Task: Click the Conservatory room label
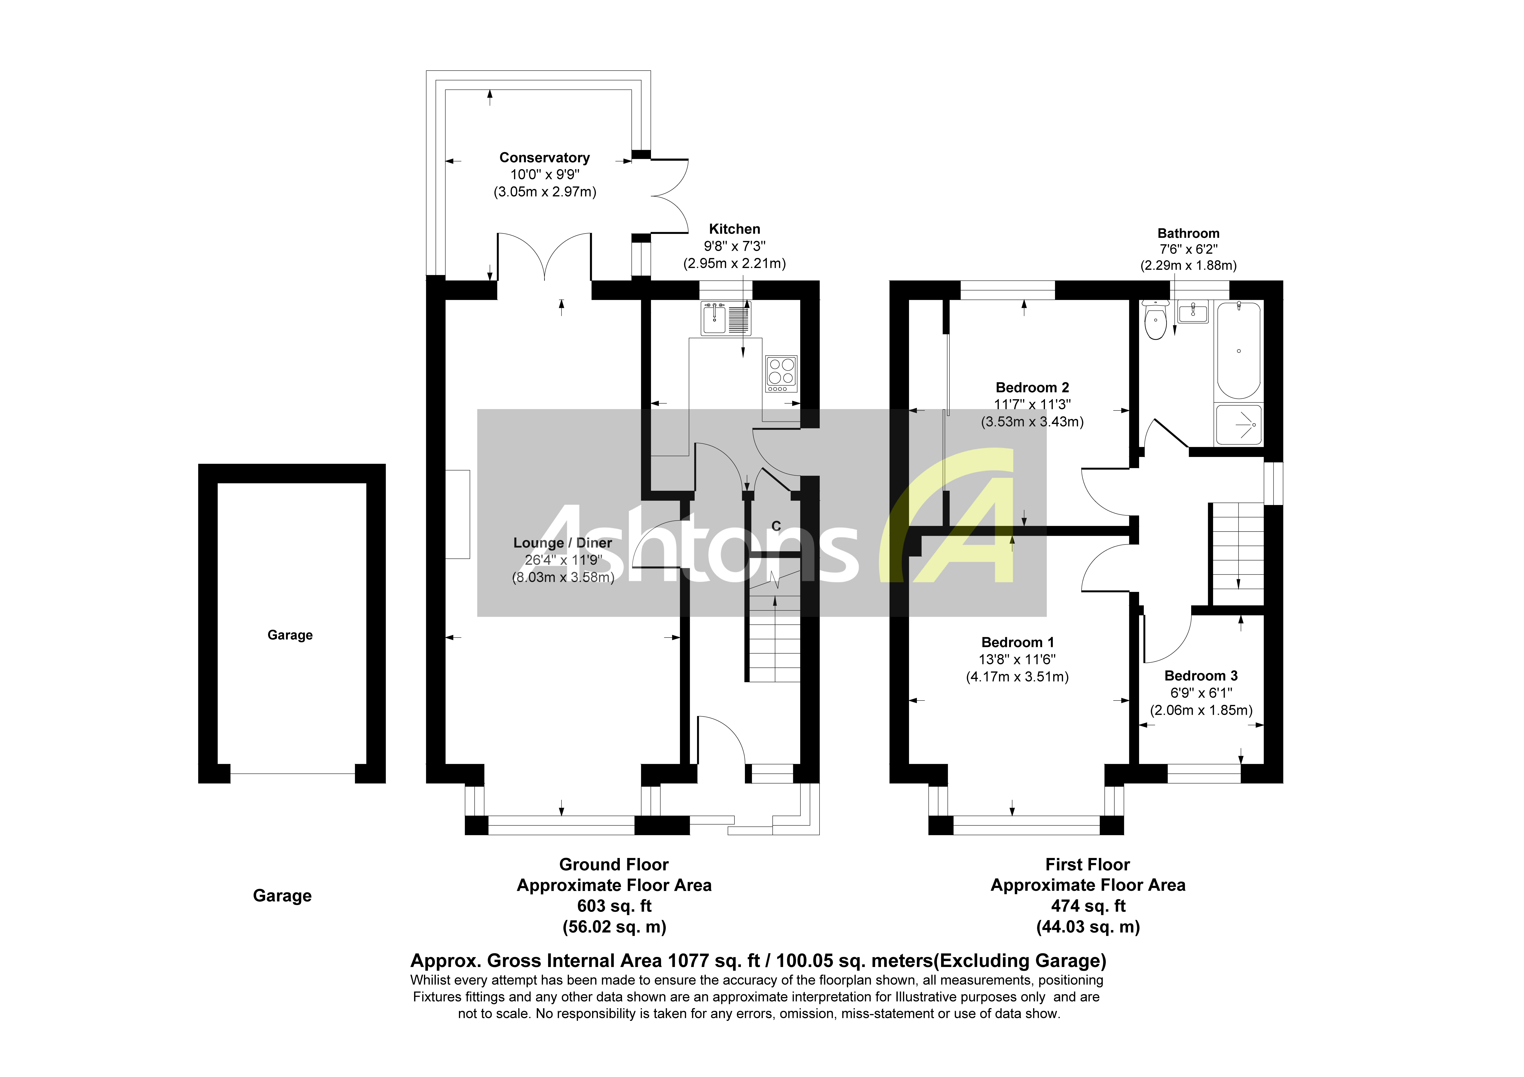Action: (544, 157)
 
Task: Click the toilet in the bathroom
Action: (1156, 322)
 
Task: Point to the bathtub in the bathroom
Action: (1239, 350)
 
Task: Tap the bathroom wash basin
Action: (1193, 312)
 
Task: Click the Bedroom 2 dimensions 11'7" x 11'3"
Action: (1032, 404)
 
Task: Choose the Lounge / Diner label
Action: (562, 542)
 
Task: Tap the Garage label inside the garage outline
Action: (290, 635)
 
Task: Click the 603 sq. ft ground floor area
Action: (614, 906)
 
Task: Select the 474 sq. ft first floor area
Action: (1088, 906)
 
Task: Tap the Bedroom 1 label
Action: (1018, 642)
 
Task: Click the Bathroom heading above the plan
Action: (1188, 233)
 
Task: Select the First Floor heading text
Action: (1087, 865)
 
